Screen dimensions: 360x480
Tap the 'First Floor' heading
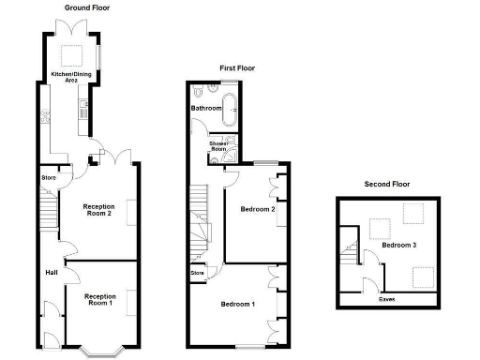(x=236, y=68)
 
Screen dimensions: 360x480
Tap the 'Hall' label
(x=51, y=273)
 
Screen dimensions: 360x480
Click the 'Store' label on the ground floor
(x=48, y=178)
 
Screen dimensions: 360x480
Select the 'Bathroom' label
(x=207, y=109)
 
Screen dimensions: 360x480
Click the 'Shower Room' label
(x=219, y=145)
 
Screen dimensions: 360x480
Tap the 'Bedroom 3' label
(x=400, y=245)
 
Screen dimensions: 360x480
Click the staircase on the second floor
(x=352, y=253)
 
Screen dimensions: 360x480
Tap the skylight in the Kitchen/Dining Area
(x=71, y=49)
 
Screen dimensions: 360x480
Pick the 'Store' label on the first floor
(x=198, y=273)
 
